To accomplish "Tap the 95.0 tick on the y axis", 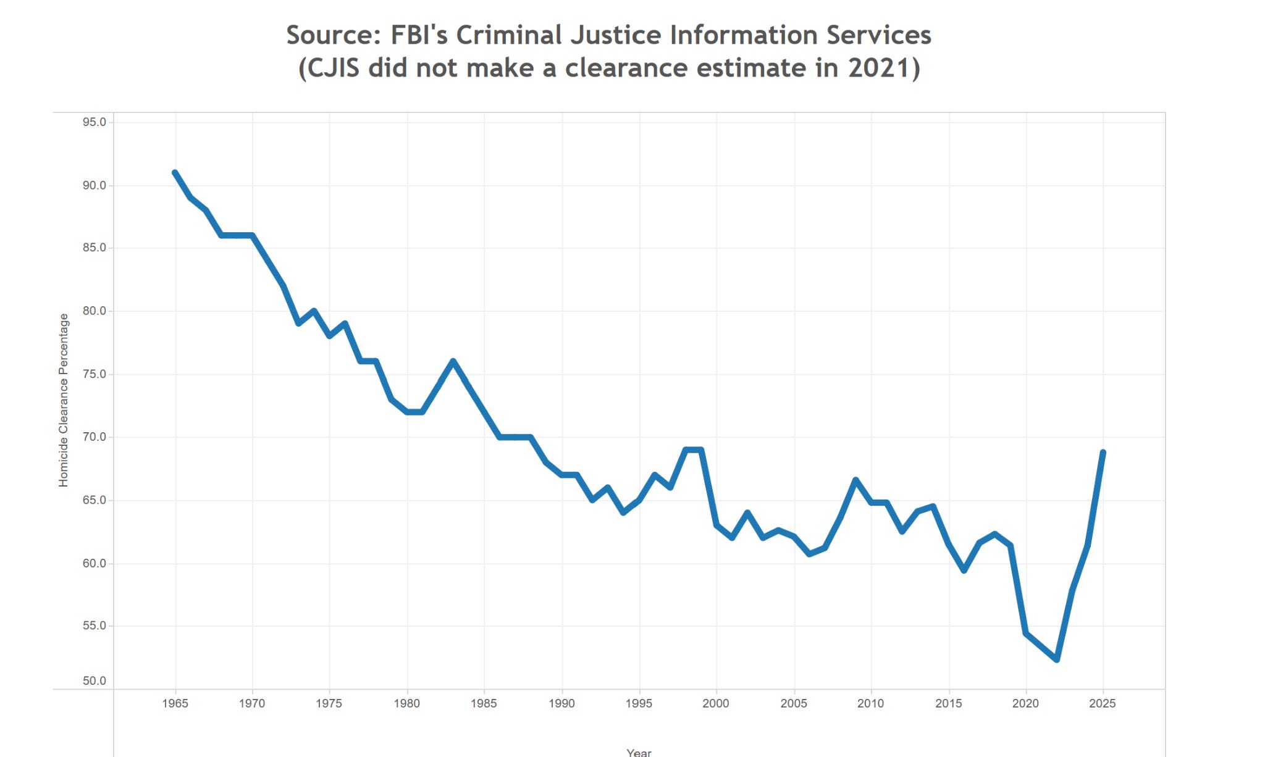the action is [95, 122].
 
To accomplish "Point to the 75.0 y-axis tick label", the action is [95, 374].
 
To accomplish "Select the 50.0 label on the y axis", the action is [95, 681].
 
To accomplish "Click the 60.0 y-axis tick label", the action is [95, 563].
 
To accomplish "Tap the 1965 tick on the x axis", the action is [175, 703].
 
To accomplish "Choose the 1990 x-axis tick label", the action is [561, 703].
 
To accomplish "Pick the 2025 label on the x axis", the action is [1103, 703].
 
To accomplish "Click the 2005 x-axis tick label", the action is [794, 703].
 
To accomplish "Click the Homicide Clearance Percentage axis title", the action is [64, 400].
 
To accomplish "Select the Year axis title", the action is [639, 752].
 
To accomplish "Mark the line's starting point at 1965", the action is [175, 173].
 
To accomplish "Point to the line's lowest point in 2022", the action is [1057, 659].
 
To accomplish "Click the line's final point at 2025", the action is [1103, 453].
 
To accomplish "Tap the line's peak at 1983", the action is [453, 361].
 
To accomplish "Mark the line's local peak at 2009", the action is [855, 480].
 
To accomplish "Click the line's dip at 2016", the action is [964, 570].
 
